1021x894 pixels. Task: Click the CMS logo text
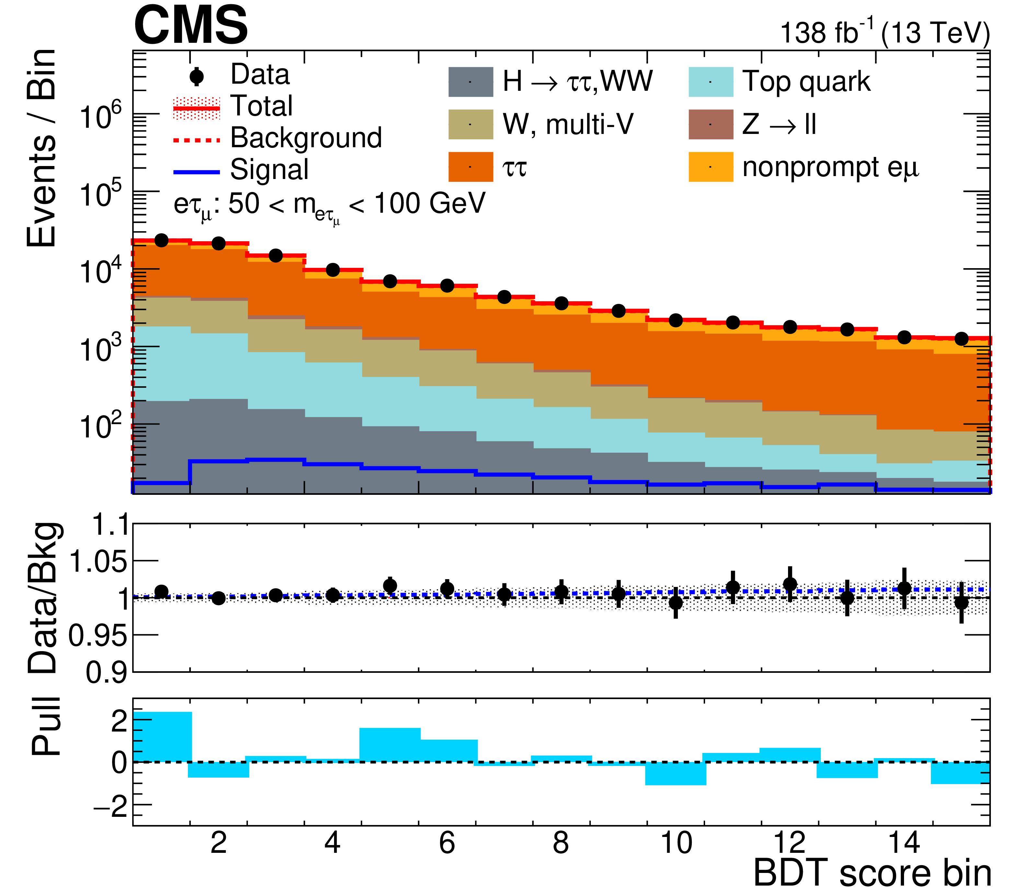click(191, 25)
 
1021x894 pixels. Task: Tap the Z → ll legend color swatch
click(710, 124)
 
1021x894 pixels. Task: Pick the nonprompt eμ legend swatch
click(710, 167)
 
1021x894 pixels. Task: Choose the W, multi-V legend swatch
click(470, 124)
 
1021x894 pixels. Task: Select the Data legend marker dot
click(197, 76)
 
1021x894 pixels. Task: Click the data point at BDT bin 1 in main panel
click(161, 240)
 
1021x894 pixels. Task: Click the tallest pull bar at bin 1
click(162, 737)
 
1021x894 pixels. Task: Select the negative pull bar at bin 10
click(676, 773)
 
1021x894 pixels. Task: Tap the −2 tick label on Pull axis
click(111, 806)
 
